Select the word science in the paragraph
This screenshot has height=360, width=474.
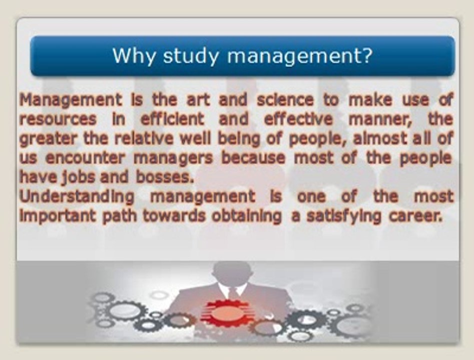(285, 99)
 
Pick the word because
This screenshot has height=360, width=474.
(254, 157)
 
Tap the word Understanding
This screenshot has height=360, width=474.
(77, 196)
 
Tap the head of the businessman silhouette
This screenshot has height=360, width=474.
(232, 272)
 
